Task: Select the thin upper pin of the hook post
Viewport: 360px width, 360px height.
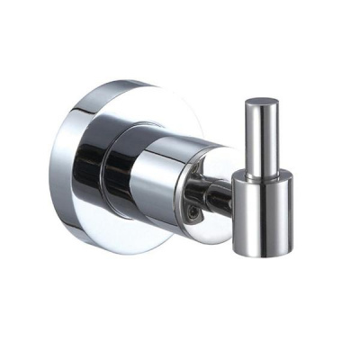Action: point(261,135)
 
